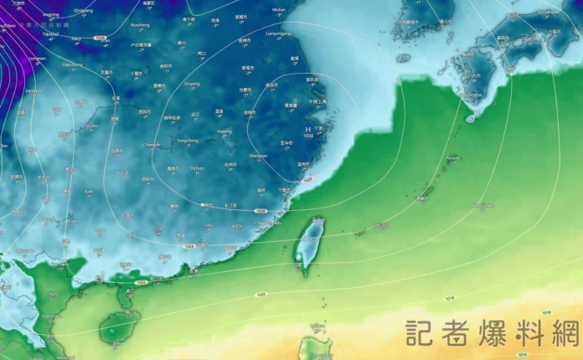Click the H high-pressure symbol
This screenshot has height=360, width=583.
click(x=308, y=129)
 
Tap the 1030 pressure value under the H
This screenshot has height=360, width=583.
click(x=308, y=136)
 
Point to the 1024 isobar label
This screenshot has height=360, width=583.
click(x=189, y=246)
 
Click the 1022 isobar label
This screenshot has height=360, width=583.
click(x=140, y=282)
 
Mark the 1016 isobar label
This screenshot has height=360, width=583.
click(x=546, y=312)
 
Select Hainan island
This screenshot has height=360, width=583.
click(x=119, y=326)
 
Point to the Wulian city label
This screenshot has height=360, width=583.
click(x=280, y=9)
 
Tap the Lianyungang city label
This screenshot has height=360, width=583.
click(x=276, y=33)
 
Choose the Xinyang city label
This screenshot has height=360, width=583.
click(x=192, y=84)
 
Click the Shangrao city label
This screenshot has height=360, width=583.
click(x=258, y=155)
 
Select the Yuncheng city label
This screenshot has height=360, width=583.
click(x=140, y=25)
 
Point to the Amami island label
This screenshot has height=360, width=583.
click(x=453, y=157)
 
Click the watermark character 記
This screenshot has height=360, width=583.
click(x=421, y=332)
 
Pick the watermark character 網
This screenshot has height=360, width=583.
click(x=562, y=332)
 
